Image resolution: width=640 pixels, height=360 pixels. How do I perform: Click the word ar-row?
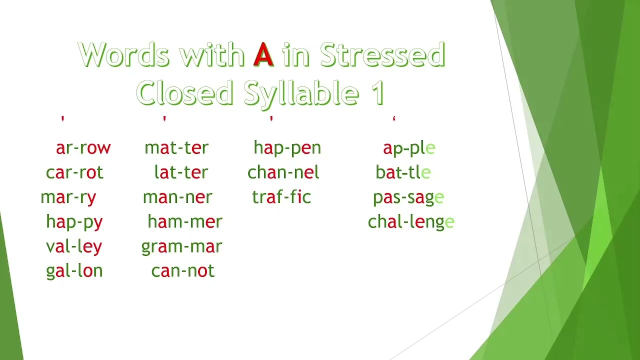pos(83,148)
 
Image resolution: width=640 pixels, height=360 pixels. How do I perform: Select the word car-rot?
pos(74,172)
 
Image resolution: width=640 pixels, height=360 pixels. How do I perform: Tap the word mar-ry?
pos(68,197)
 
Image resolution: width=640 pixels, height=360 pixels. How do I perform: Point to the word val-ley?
pos(74,246)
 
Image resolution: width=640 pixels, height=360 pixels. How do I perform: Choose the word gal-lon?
pos(74,270)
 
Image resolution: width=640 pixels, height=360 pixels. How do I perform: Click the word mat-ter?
pos(176,148)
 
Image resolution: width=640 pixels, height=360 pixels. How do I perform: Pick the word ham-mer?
pos(184,221)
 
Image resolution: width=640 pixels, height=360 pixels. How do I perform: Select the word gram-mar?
pos(181,246)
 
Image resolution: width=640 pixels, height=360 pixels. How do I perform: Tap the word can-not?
pos(182,270)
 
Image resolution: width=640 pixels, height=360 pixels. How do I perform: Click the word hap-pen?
pos(287,148)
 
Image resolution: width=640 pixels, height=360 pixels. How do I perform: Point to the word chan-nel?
pos(283,172)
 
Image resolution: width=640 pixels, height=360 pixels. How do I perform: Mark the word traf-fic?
pos(281,197)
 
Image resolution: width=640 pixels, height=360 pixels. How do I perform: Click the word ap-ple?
pos(409,148)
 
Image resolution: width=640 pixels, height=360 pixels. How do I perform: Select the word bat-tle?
pos(403,172)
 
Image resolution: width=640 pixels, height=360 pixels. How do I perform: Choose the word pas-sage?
pos(408,197)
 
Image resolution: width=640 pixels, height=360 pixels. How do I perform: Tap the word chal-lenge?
pos(411,221)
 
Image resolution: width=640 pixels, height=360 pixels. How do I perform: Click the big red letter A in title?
pos(263,55)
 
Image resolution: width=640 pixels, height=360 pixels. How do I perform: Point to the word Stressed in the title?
pos(382,55)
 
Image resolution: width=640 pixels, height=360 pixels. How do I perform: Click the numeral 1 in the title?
pos(378,93)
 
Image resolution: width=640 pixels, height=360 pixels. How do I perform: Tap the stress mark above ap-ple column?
pos(394,119)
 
